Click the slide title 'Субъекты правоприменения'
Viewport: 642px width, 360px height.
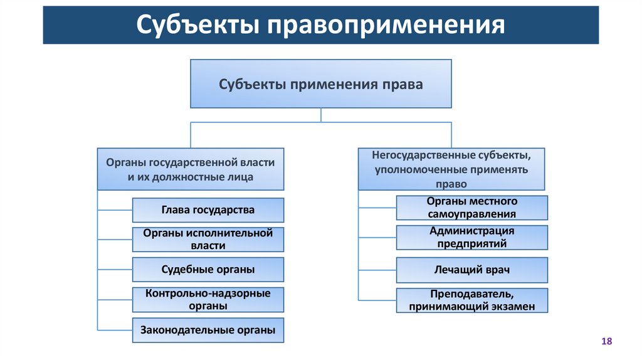[x=320, y=26]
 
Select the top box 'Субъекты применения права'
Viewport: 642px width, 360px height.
[x=321, y=84]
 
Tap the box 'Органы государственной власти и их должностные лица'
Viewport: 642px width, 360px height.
[x=191, y=169]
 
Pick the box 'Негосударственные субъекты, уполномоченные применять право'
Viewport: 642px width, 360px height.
[x=451, y=169]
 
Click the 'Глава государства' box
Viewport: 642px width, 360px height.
[x=208, y=210]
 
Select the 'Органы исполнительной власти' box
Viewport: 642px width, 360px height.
[x=208, y=240]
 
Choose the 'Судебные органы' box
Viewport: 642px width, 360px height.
[x=208, y=270]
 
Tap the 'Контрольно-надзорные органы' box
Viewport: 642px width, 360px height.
[x=208, y=300]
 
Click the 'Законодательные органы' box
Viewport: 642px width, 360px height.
[x=208, y=330]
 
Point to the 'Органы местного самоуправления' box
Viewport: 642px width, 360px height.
[x=472, y=208]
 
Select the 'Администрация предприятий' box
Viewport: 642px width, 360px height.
[x=472, y=238]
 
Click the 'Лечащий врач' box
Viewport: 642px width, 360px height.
[x=472, y=270]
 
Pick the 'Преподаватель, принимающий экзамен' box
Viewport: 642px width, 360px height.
[x=472, y=300]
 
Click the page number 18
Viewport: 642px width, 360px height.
[x=606, y=341]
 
